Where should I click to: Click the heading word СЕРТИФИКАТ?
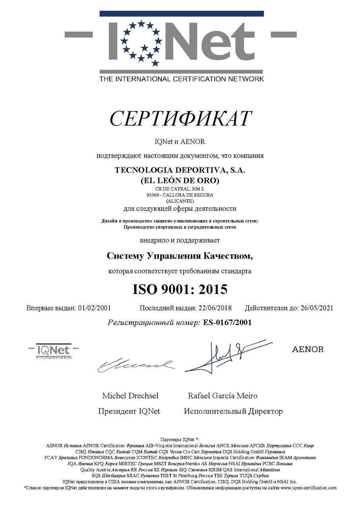180,119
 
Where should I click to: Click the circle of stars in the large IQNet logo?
142,43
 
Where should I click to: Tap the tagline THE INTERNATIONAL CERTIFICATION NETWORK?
181,78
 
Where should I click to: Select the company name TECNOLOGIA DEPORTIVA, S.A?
180,170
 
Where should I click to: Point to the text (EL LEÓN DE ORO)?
180,180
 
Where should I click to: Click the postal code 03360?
153,195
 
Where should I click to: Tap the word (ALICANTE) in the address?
180,201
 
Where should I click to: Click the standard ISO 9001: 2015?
180,289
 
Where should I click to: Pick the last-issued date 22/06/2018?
215,308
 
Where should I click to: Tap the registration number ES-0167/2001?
227,322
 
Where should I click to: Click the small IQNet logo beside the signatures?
53,351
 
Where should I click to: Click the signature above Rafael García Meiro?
223,355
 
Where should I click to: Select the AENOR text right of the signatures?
308,349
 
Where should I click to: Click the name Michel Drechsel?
130,396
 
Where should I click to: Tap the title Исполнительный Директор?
233,411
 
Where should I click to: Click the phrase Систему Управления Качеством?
180,256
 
